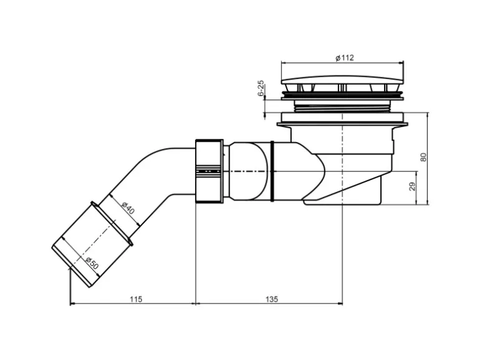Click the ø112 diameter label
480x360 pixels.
(x=344, y=57)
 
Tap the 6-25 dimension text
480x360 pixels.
(x=261, y=88)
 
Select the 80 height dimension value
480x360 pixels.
(x=424, y=157)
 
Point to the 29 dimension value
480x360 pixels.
(x=412, y=187)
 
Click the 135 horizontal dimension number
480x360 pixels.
(x=272, y=299)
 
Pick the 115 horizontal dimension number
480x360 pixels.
(x=136, y=299)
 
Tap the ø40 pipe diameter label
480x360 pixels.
(x=128, y=208)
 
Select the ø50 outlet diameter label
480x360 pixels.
(x=92, y=263)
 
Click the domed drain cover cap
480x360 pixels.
(x=342, y=80)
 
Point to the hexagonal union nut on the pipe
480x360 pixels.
(x=209, y=171)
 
